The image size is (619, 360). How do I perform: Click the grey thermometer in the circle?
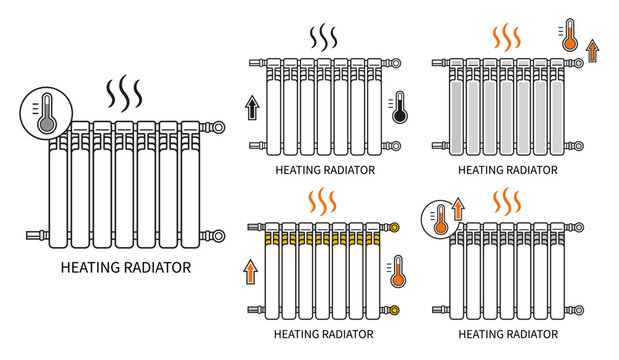(x=47, y=114)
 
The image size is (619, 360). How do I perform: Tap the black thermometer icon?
(x=400, y=107)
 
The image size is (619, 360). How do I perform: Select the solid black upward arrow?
(x=252, y=107)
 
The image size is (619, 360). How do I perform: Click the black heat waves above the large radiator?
(x=124, y=93)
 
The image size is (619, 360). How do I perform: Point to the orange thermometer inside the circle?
(x=441, y=220)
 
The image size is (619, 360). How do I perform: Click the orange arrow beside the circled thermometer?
(x=458, y=209)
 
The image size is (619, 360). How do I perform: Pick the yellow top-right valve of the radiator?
(x=394, y=227)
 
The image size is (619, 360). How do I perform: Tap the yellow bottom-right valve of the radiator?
(x=394, y=310)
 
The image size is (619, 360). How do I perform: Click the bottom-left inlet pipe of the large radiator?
(x=38, y=235)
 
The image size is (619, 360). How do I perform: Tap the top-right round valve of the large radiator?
(x=217, y=128)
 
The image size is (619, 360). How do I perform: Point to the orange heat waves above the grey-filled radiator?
(x=506, y=37)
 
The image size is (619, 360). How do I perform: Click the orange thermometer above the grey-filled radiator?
(x=569, y=35)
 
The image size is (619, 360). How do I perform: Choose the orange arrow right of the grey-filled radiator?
(x=592, y=51)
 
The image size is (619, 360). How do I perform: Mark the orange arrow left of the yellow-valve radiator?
(x=250, y=271)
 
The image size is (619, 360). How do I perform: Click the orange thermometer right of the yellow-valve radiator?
(x=398, y=271)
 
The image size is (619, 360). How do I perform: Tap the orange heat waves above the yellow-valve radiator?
(x=322, y=201)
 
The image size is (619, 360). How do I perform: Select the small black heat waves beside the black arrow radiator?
(x=323, y=37)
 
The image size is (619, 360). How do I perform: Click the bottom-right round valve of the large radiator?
(x=217, y=236)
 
